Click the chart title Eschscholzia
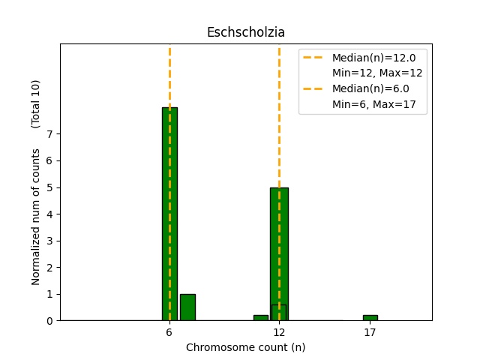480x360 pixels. click(x=246, y=33)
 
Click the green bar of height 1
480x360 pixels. click(x=187, y=307)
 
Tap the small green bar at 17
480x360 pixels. click(x=370, y=318)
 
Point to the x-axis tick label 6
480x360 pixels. click(x=169, y=332)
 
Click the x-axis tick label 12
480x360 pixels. click(x=279, y=332)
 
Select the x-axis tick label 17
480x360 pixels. click(x=370, y=332)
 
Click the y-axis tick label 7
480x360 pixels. click(x=49, y=134)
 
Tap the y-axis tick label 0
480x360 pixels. click(x=49, y=321)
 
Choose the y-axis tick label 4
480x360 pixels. click(x=49, y=214)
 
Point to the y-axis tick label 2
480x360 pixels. click(x=49, y=268)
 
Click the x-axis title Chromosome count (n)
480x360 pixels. click(x=246, y=347)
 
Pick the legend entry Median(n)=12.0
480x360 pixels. click(x=368, y=57)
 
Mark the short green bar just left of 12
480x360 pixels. click(x=260, y=318)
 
